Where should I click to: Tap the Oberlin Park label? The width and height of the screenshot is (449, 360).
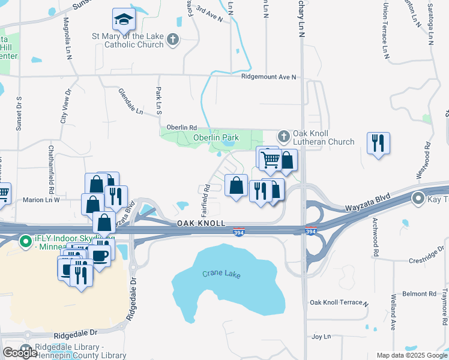[x=216, y=137]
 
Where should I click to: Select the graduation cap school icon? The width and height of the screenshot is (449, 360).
[x=124, y=20]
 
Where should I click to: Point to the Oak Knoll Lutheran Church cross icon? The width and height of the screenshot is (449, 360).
[x=284, y=134]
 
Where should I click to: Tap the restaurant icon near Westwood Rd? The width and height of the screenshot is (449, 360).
[x=378, y=143]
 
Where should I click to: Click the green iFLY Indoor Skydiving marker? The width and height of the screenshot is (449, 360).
[x=25, y=242]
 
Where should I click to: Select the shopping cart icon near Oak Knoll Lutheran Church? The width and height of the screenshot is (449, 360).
[x=271, y=159]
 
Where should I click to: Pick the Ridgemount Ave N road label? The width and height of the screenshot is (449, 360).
[x=269, y=77]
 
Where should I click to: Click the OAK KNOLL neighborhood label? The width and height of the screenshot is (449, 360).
[x=201, y=223]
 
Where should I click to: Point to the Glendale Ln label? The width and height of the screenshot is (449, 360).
[x=131, y=104]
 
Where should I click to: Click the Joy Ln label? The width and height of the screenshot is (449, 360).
[x=322, y=337]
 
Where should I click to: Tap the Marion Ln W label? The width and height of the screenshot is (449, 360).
[x=41, y=200]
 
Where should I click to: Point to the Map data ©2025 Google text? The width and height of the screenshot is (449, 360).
[x=411, y=355]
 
